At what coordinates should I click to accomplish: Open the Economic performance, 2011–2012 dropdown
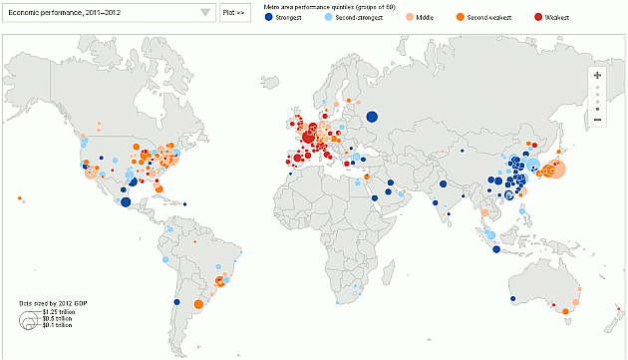point(110,12)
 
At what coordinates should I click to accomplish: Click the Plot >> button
point(234,12)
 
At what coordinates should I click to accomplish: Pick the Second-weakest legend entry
point(477,18)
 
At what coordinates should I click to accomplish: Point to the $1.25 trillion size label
point(59,312)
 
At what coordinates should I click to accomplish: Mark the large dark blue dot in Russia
point(372,117)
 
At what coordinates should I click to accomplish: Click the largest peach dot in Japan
point(555,170)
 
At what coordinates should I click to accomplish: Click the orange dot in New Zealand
point(609,321)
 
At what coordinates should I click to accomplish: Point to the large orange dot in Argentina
point(198,304)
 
